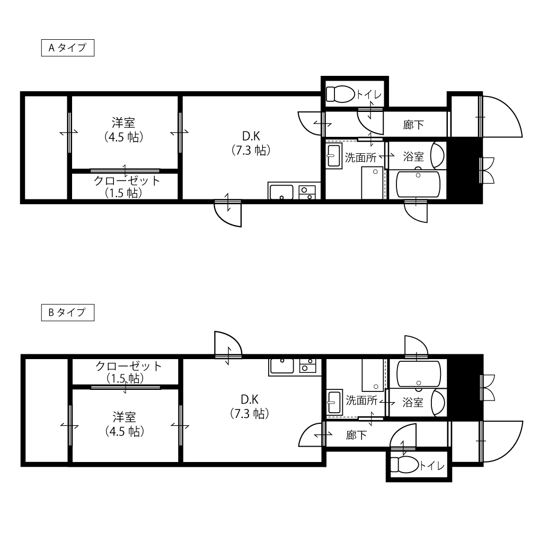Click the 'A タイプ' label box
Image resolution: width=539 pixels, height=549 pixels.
(67, 48)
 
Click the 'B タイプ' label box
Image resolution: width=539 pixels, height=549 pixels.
(67, 312)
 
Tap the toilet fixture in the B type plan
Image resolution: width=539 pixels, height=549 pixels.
(404, 465)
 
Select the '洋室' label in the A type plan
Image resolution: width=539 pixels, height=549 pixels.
(123, 123)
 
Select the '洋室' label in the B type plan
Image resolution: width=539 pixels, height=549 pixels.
(124, 417)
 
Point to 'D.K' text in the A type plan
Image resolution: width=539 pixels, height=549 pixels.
(251, 136)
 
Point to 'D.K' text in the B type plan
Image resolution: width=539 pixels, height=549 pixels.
(250, 399)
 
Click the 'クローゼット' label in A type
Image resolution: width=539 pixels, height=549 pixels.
(127, 181)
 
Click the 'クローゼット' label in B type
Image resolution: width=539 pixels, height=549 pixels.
(128, 366)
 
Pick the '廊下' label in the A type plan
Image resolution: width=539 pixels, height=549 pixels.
(413, 125)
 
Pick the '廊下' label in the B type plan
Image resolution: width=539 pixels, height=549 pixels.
(356, 435)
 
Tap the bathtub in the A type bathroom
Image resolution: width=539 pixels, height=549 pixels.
(418, 185)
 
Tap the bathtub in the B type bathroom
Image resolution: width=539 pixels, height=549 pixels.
(419, 374)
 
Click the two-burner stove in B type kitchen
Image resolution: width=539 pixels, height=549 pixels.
(307, 365)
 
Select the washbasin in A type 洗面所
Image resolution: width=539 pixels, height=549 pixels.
(334, 156)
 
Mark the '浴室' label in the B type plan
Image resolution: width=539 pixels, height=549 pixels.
(413, 403)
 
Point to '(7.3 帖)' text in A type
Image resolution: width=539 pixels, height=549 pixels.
(251, 151)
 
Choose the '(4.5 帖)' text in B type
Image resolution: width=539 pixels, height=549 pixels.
(125, 432)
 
